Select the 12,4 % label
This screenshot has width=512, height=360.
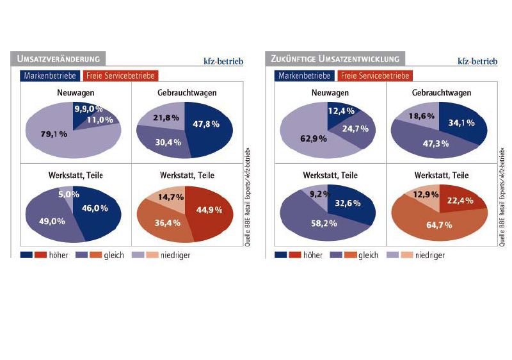[340, 112]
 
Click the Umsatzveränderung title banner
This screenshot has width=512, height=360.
[56, 60]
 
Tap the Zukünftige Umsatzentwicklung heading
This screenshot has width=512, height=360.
[333, 60]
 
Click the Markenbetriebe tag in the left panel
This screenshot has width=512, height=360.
[50, 76]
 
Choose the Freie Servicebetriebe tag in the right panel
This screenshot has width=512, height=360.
[374, 76]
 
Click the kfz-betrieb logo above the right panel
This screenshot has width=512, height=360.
[477, 61]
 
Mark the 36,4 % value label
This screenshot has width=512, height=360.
[166, 223]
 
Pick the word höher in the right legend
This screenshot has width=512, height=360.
[312, 256]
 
